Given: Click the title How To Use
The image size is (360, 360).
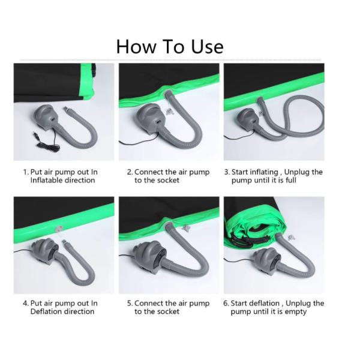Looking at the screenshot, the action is pos(170,47).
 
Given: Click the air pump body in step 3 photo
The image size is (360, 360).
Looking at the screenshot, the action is pos(247,119).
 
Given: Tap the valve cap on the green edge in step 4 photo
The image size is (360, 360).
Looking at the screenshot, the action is pos(59,229).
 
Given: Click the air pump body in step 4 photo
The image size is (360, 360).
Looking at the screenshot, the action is pos(46,251).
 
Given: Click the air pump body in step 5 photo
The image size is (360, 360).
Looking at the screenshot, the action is pos(149,256).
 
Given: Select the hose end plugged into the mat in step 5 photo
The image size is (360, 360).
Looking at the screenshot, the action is pos(169,226).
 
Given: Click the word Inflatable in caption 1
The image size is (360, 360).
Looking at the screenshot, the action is pos(46,180).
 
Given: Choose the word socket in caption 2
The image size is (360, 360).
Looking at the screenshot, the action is pos(168,180).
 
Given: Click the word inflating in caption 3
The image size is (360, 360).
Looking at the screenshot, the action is pos(264,172).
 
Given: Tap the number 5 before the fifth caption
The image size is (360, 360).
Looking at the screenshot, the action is pos(130,303).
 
